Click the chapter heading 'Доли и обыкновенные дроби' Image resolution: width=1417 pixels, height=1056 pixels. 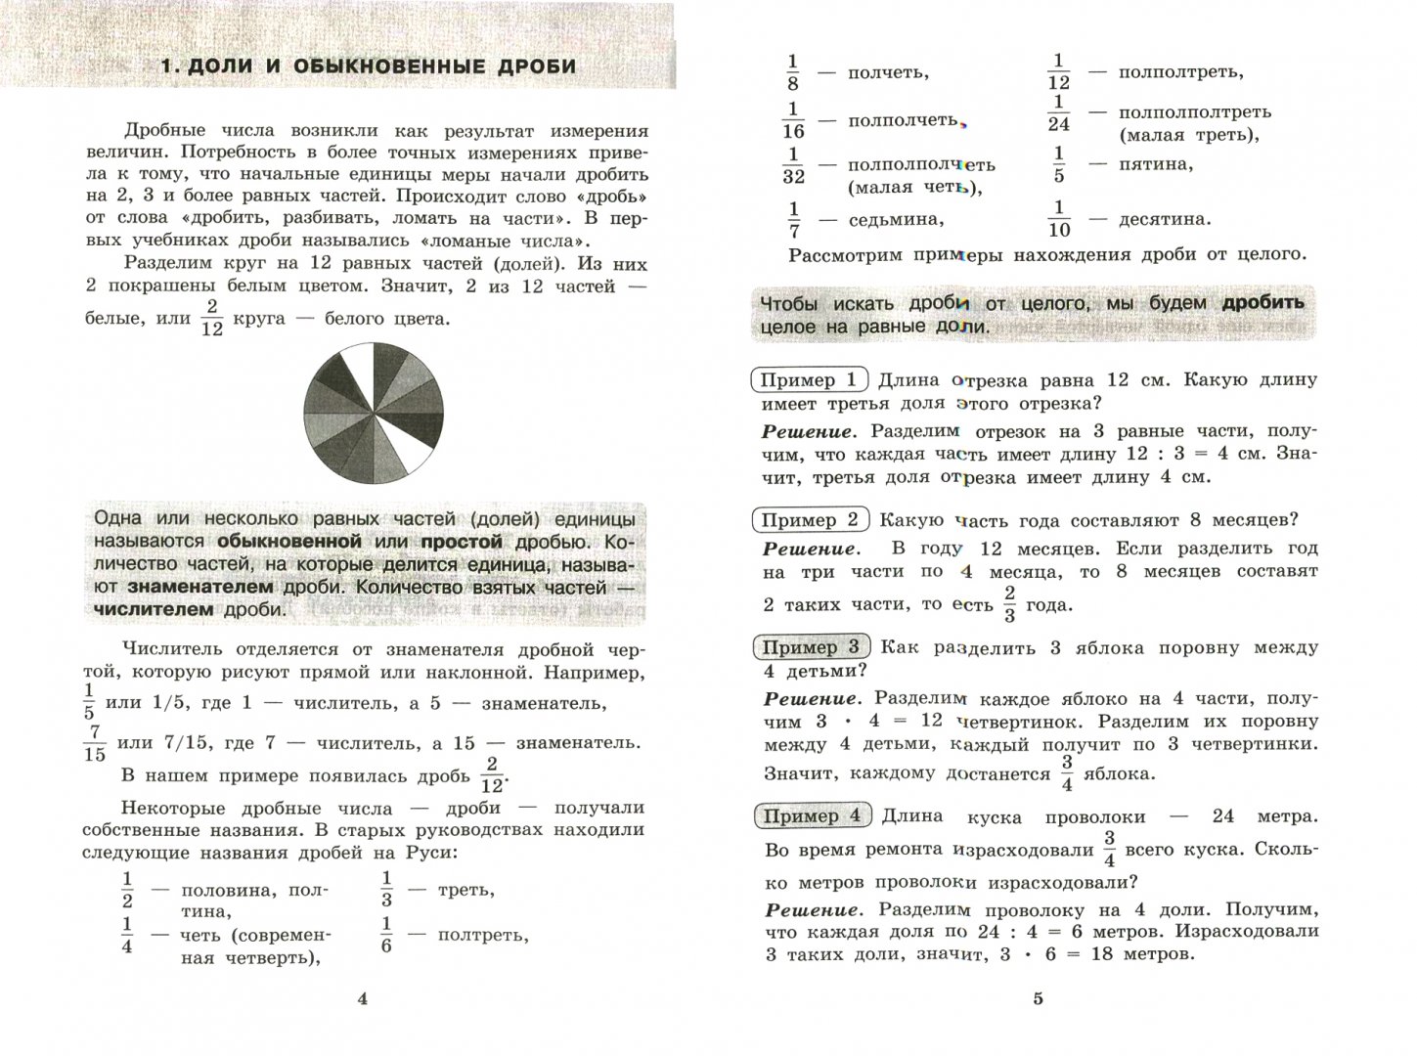[368, 66]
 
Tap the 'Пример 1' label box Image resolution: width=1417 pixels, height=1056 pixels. [809, 380]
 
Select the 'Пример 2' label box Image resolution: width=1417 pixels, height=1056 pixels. [811, 520]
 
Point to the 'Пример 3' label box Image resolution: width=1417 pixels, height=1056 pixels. [812, 647]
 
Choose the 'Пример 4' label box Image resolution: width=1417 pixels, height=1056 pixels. [813, 816]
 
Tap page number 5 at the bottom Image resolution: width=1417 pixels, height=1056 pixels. [1039, 998]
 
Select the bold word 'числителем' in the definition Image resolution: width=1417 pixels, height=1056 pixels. [154, 610]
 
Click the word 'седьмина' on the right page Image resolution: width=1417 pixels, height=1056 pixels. [895, 219]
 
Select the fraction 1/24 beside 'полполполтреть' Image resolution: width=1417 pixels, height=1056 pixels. [1059, 113]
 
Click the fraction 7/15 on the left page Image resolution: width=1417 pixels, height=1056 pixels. [95, 743]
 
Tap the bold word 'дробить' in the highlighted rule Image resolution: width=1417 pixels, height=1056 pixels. [1263, 303]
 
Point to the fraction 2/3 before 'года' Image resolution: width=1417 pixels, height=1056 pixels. [1009, 604]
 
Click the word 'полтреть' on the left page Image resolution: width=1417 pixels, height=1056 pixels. [482, 936]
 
